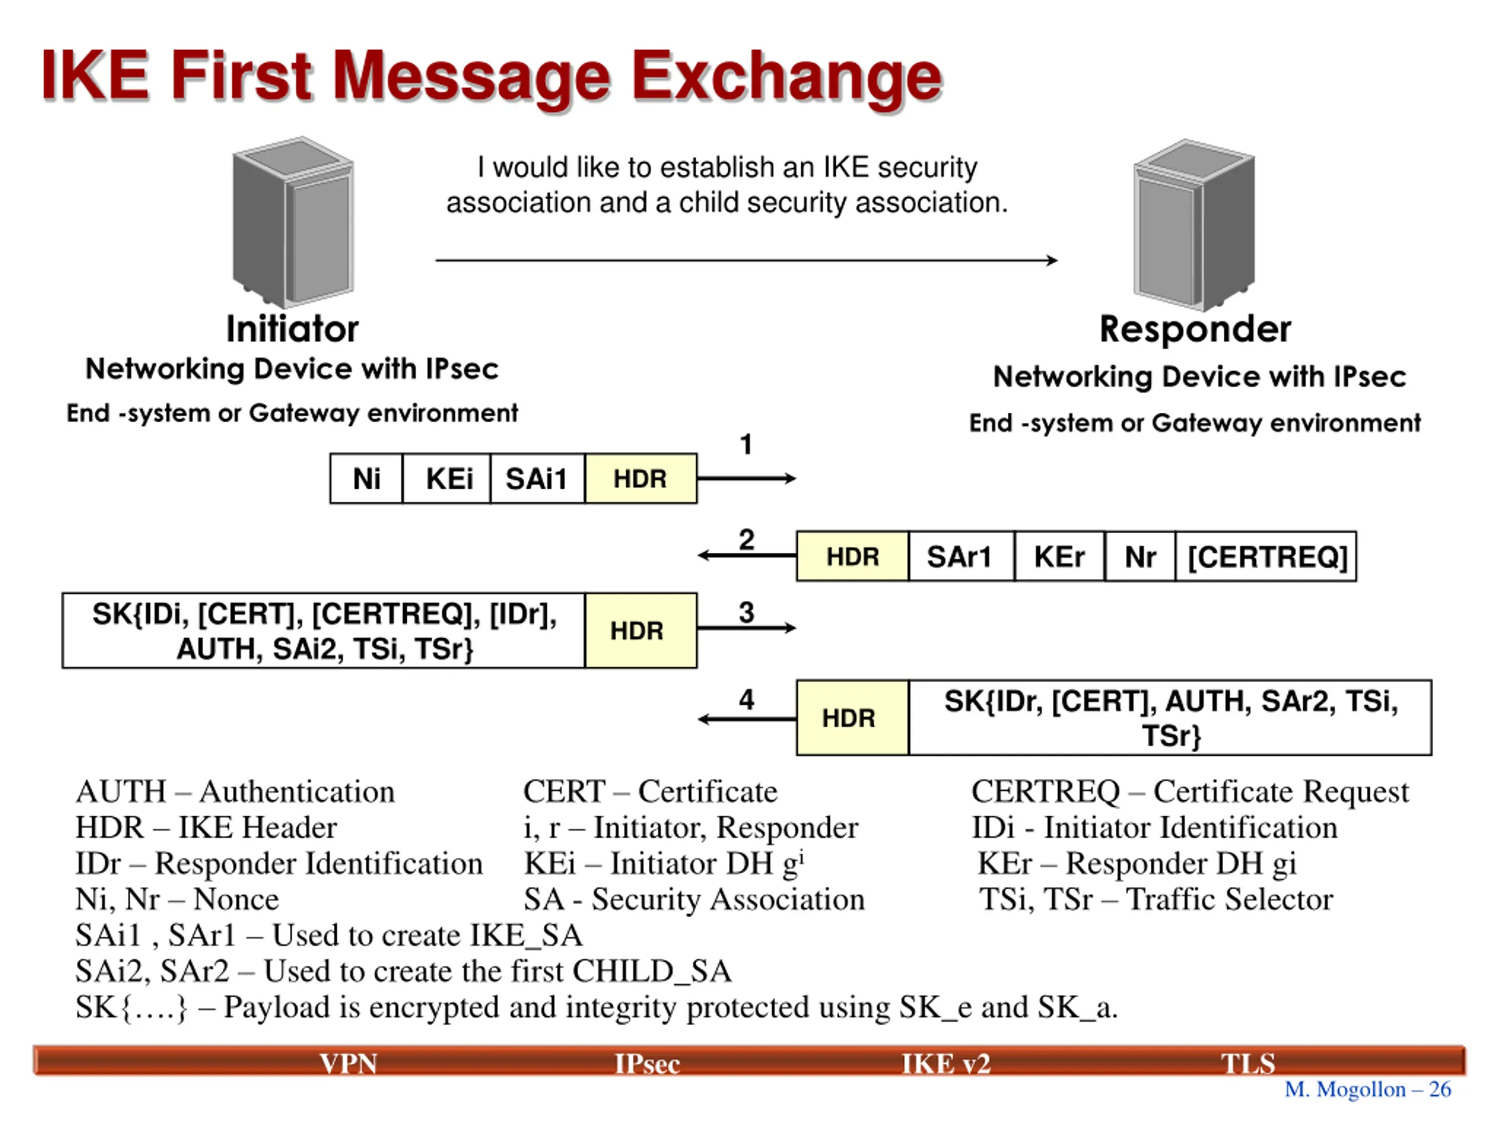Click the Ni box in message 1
366,478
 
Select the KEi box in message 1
446,478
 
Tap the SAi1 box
537,478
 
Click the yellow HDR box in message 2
853,556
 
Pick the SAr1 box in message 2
961,556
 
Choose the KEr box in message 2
1059,556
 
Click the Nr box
1140,556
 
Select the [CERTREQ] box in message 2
1266,556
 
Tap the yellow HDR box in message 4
853,718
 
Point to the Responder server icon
1194,225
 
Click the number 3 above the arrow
746,612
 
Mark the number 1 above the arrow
746,445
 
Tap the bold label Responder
1195,330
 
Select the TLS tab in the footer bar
1248,1064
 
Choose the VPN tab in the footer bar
348,1064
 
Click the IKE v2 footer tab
946,1064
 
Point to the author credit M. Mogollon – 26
1368,1089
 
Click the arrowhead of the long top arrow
1053,260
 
